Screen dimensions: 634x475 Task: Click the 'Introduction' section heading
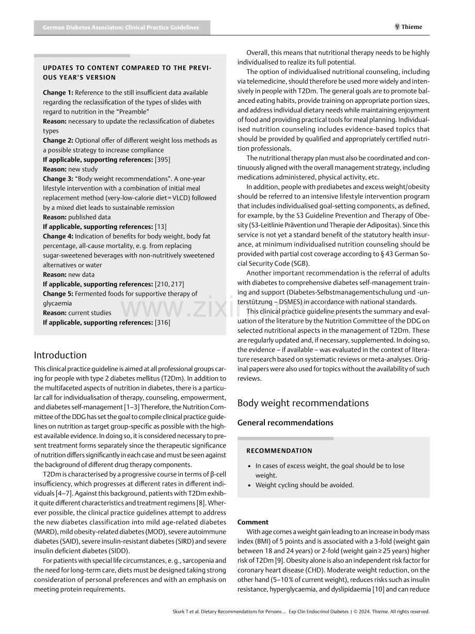point(60,355)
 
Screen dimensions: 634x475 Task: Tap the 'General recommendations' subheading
point(286,423)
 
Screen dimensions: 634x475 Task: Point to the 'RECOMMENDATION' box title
point(279,451)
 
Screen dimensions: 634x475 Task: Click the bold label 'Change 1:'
point(58,92)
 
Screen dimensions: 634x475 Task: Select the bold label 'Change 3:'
point(58,179)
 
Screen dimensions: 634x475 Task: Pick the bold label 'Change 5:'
point(58,293)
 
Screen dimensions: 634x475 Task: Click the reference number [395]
point(162,160)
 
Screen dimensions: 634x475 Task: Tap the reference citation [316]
point(162,322)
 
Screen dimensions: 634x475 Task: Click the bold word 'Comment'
point(253,522)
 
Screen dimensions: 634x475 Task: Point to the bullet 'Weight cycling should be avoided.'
point(305,485)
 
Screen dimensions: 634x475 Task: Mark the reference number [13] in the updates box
point(161,226)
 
